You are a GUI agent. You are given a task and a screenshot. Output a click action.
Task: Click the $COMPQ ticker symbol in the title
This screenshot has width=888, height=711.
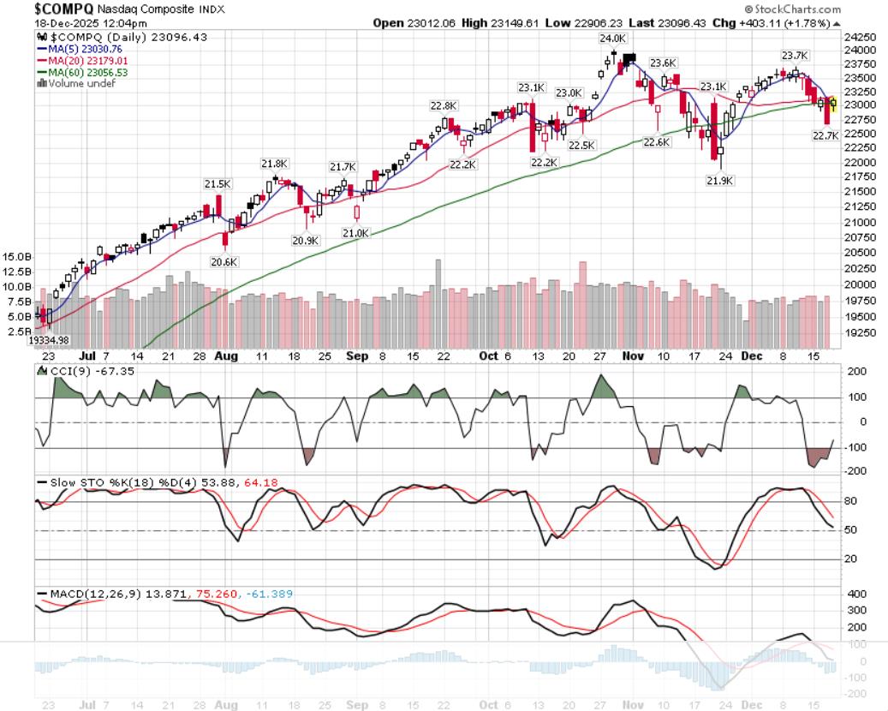(58, 8)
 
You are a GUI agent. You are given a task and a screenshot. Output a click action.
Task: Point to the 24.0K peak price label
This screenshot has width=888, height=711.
(611, 39)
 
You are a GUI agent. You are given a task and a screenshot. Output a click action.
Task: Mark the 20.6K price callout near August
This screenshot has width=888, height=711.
(224, 262)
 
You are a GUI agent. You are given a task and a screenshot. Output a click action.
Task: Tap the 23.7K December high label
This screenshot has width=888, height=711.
(794, 56)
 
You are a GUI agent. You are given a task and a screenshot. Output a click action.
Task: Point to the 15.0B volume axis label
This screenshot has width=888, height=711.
(18, 256)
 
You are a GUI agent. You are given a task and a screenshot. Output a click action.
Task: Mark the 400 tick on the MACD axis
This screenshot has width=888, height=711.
(855, 594)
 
